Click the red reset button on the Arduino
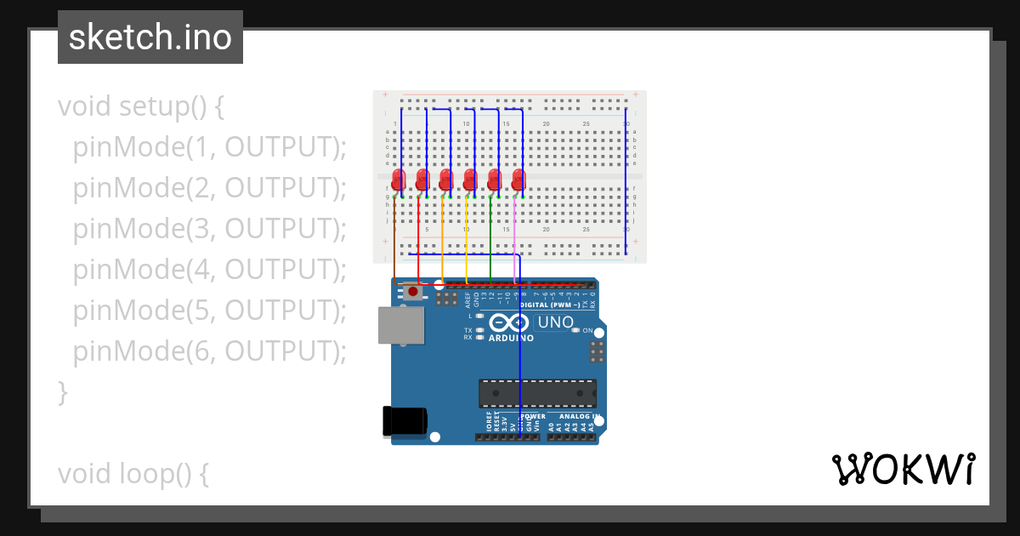pyautogui.click(x=413, y=292)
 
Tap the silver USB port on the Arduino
pyautogui.click(x=401, y=326)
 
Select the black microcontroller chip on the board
pyautogui.click(x=536, y=393)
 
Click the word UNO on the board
pyautogui.click(x=556, y=322)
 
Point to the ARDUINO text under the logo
pyautogui.click(x=511, y=338)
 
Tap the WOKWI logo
pyautogui.click(x=903, y=470)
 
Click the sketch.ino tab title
pyautogui.click(x=150, y=37)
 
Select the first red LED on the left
pyautogui.click(x=397, y=180)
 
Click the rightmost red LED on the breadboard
pyautogui.click(x=518, y=180)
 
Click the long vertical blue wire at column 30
pyautogui.click(x=626, y=179)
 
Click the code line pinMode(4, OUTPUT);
pyautogui.click(x=210, y=270)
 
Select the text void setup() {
pyautogui.click(x=141, y=107)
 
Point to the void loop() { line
pyautogui.click(x=133, y=474)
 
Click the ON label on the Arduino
pyautogui.click(x=587, y=330)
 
